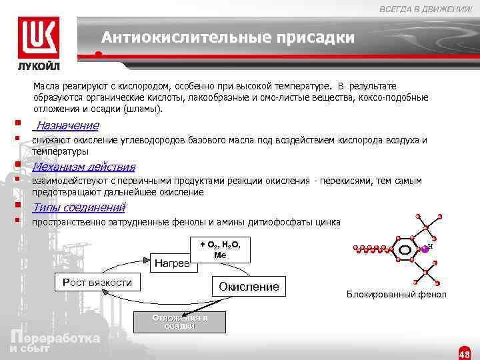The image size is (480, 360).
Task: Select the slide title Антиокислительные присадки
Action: (x=228, y=38)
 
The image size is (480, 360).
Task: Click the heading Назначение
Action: (x=67, y=126)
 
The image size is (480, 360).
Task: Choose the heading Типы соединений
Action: (x=79, y=207)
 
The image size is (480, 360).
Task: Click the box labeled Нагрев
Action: (x=172, y=262)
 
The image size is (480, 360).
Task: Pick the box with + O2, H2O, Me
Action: (x=220, y=249)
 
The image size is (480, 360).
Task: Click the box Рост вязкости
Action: (x=97, y=283)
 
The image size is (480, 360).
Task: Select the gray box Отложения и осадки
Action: (x=179, y=321)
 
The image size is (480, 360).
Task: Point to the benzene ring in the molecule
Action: (x=404, y=250)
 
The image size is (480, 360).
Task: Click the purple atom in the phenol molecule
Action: (x=423, y=249)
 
